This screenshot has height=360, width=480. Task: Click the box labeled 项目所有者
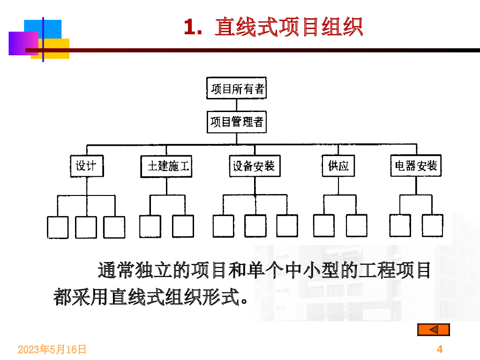coord(236,88)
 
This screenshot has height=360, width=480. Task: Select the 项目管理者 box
coord(236,122)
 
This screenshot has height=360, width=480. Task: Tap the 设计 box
coord(87,166)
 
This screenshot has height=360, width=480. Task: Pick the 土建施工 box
coord(166,166)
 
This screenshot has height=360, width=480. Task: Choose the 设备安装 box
coord(254,166)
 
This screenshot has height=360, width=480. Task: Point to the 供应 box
coord(338,166)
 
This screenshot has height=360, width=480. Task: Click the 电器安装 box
coord(416,165)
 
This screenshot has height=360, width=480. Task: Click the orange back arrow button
coord(433,330)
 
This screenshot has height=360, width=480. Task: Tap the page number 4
coord(439,349)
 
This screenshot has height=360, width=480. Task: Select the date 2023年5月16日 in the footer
coord(52,349)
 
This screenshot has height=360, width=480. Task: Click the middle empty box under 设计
coord(86,227)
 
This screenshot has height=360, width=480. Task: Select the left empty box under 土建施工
coord(150,226)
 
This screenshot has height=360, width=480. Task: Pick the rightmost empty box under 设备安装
coord(287,226)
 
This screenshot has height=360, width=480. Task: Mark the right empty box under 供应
coord(357,226)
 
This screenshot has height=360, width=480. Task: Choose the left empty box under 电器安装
coord(400,226)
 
